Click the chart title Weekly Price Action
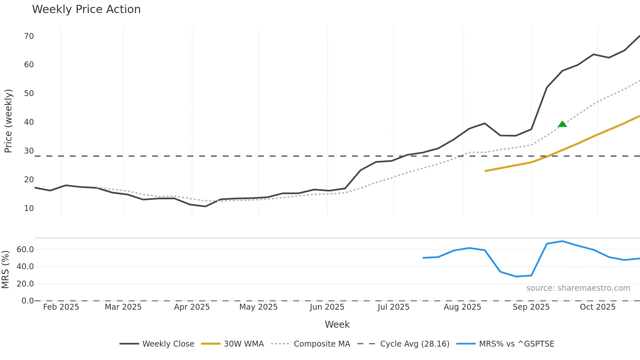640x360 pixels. tap(86, 9)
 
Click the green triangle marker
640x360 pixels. tap(562, 124)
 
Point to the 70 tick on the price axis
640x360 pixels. tap(29, 36)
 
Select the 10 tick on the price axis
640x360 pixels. tap(29, 208)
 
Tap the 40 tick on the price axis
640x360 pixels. tap(29, 122)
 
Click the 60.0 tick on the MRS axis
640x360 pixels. tap(25, 250)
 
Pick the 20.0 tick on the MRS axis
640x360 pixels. tap(25, 284)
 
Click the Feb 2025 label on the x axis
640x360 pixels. tap(61, 307)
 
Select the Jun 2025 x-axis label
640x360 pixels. tap(327, 307)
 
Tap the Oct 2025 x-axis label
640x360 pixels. tap(598, 307)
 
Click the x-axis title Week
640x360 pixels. tap(337, 324)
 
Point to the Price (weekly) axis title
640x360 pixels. tap(8, 121)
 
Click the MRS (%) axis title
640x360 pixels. tap(5, 270)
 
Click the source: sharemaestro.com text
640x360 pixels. tap(578, 288)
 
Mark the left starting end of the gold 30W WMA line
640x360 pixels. tap(486, 171)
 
